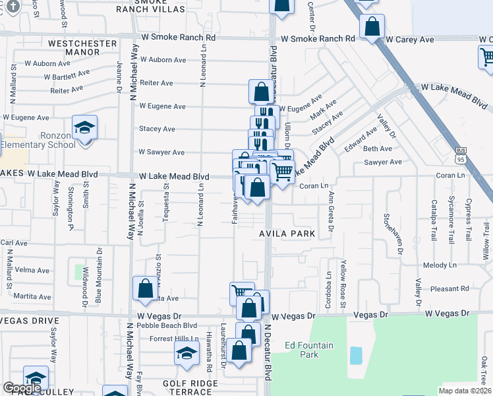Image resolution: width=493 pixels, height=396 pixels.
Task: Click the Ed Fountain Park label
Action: (x=309, y=350)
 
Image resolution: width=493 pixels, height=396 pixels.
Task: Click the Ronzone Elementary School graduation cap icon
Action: (x=84, y=127)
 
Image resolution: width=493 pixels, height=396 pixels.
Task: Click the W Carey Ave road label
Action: (x=410, y=40)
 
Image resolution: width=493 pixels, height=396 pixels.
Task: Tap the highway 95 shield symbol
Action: (x=461, y=159)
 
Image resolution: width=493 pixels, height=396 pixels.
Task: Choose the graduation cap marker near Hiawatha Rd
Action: (x=187, y=352)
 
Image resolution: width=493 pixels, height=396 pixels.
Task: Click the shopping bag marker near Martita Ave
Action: (x=145, y=288)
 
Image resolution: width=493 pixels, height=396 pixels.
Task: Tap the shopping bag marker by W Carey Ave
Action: (x=372, y=28)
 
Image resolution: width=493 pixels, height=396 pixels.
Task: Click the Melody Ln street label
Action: (x=435, y=265)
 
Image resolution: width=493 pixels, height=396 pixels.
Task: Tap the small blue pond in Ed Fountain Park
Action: (x=356, y=356)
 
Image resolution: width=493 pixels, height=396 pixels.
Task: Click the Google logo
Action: (x=22, y=388)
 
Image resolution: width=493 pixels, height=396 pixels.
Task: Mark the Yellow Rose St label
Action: (x=343, y=284)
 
